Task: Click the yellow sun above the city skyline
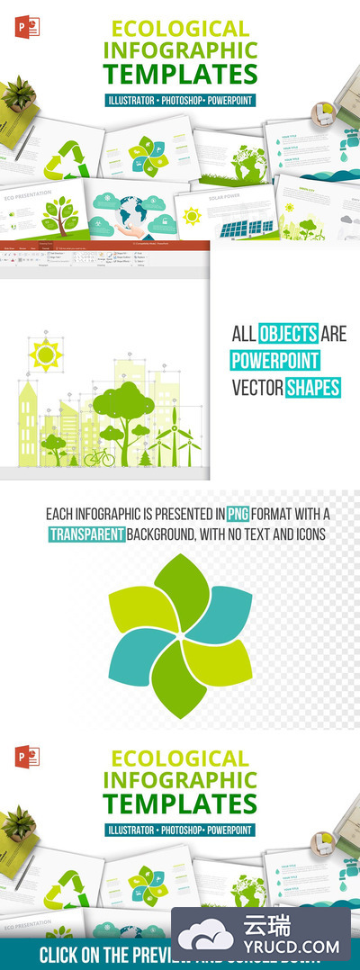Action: tap(44, 355)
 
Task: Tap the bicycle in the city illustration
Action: tap(99, 457)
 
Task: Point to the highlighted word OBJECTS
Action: tap(289, 335)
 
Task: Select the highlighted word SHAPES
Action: tap(312, 388)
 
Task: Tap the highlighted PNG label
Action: tap(237, 515)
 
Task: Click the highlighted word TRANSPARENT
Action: tap(85, 534)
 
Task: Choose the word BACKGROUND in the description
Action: tap(162, 534)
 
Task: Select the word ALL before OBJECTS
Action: tap(242, 335)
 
